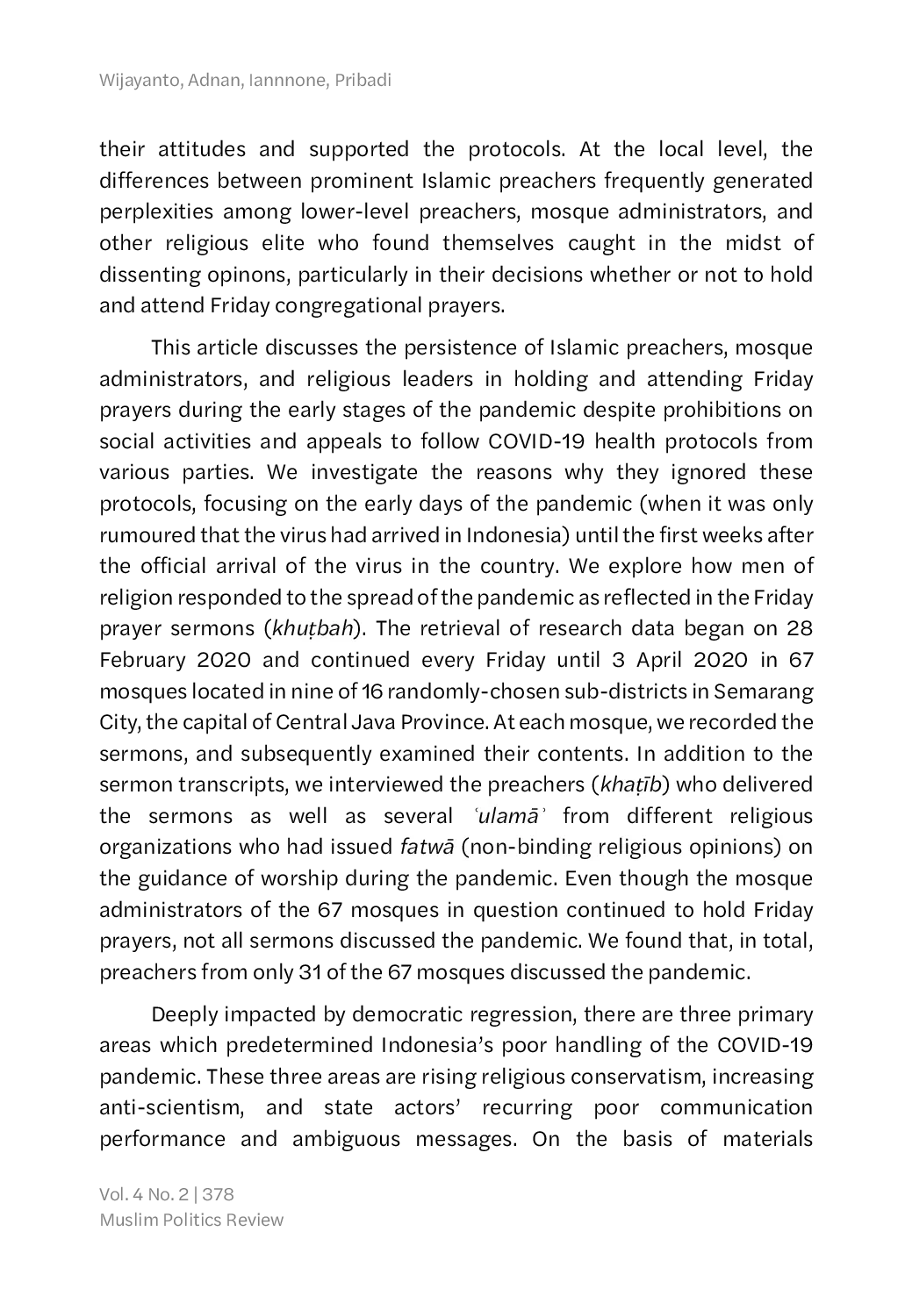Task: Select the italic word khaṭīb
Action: tap(630, 784)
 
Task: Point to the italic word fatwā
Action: tap(427, 847)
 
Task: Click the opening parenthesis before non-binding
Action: tap(464, 847)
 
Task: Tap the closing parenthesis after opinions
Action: tap(778, 847)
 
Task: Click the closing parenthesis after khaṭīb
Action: tap(666, 784)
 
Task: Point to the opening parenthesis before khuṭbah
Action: tap(269, 628)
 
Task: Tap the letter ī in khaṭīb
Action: tap(645, 784)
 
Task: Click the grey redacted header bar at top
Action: tap(246, 81)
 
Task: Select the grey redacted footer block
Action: tap(193, 1206)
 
